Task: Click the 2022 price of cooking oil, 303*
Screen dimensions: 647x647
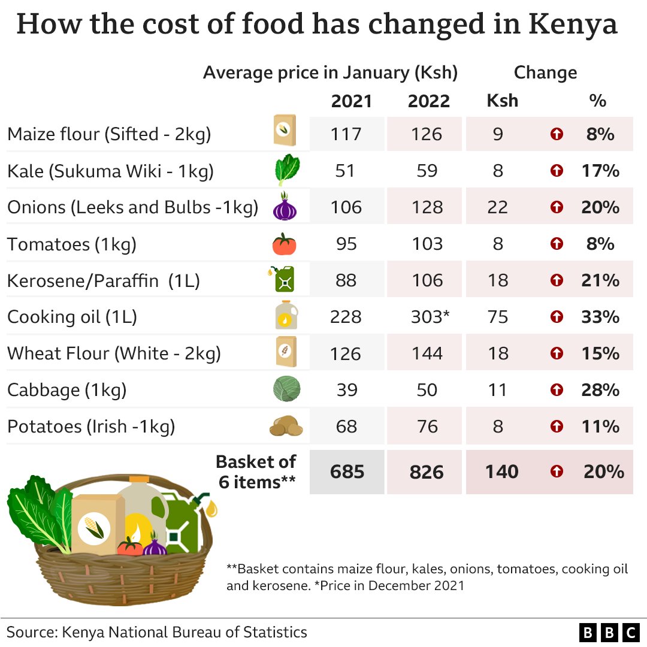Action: pyautogui.click(x=430, y=317)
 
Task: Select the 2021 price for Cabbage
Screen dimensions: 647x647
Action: pyautogui.click(x=346, y=390)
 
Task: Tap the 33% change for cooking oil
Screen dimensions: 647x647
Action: pyautogui.click(x=600, y=317)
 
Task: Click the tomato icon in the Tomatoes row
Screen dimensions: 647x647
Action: pyautogui.click(x=285, y=244)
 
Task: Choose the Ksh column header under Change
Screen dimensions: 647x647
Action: pyautogui.click(x=502, y=101)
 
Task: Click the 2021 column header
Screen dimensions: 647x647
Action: pyautogui.click(x=351, y=101)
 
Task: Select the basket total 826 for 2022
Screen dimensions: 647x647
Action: pyautogui.click(x=427, y=472)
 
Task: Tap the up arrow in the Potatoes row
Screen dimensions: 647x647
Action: pyautogui.click(x=557, y=427)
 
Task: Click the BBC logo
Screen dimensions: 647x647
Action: pyautogui.click(x=609, y=632)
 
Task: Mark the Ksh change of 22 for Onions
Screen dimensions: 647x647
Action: pyautogui.click(x=497, y=207)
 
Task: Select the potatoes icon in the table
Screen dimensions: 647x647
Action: pyautogui.click(x=286, y=427)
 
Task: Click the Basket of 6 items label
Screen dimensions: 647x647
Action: pyautogui.click(x=256, y=471)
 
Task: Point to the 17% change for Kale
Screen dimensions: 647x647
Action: pyautogui.click(x=600, y=171)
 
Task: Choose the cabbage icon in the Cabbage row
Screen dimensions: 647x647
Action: pyautogui.click(x=286, y=389)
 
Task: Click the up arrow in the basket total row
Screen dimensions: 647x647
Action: pyautogui.click(x=557, y=472)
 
